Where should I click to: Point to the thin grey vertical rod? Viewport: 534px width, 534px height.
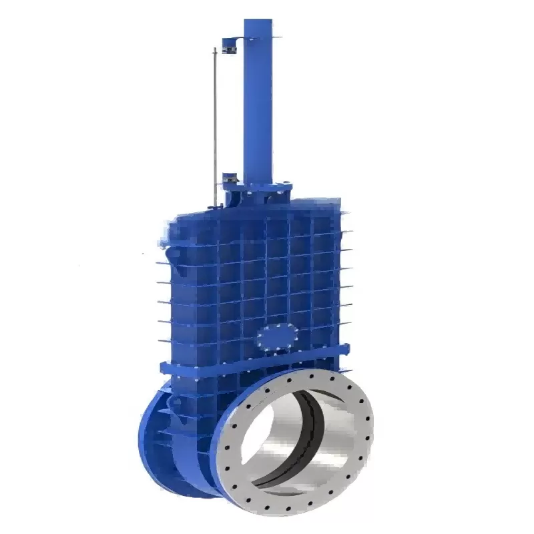pos(215,127)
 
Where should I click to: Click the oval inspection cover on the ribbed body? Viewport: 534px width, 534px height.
pos(277,336)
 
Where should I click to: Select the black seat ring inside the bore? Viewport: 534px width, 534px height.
pos(314,427)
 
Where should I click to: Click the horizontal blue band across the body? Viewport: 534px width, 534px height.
pos(254,360)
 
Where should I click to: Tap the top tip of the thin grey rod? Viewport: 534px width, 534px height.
pos(215,49)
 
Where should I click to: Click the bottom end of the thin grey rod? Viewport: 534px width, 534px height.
pos(215,204)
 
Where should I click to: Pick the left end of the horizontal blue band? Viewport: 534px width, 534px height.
pos(164,366)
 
